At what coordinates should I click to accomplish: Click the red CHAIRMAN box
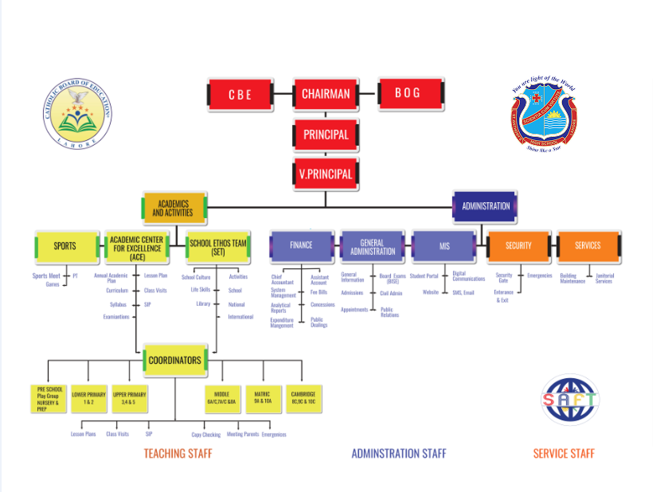point(326,95)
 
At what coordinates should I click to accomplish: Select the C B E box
point(240,95)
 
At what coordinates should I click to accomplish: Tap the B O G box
point(408,94)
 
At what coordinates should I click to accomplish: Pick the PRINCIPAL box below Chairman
point(326,135)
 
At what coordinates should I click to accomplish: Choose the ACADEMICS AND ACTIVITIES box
point(174,208)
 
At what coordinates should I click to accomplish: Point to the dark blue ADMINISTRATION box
point(486,206)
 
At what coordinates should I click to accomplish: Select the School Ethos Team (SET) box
point(217,248)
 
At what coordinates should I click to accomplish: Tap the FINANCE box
point(301,246)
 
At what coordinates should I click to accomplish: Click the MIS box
point(444,246)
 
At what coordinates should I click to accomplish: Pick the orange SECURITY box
point(518,246)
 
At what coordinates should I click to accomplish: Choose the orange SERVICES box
point(588,246)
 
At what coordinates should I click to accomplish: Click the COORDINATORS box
point(174,361)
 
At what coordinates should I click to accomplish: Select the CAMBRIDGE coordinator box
point(303,398)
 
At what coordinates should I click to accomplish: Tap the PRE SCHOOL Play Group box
point(49,397)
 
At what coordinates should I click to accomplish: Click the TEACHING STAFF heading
point(178,454)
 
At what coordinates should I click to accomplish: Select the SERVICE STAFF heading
point(564,454)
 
